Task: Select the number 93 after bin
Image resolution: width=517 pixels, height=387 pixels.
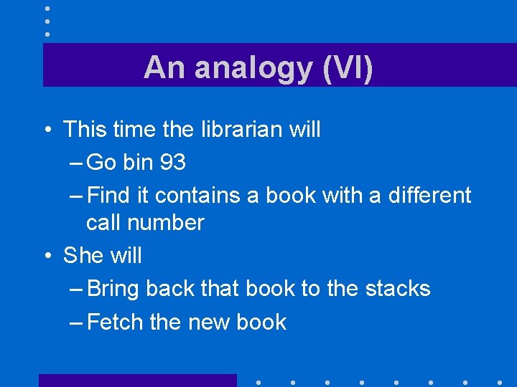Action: click(172, 163)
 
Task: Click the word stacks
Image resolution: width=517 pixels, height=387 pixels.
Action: click(398, 288)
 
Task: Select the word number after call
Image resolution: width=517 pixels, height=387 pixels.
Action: click(169, 222)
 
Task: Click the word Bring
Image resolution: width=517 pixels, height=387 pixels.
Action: click(113, 289)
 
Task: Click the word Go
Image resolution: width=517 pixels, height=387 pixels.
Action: click(101, 163)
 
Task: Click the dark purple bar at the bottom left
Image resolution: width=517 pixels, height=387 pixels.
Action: click(137, 380)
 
